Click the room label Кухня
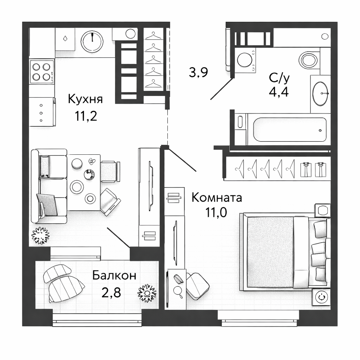pos(85,99)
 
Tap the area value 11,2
pos(86,116)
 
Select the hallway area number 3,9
pos(198,72)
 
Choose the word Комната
pos(217,198)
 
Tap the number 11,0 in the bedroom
pos(216,212)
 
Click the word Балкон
pos(114,275)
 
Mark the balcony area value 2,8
pos(111,292)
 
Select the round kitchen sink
pos(92,41)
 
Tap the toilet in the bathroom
pos(309,59)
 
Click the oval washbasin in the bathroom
pos(320,94)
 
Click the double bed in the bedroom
pos(285,251)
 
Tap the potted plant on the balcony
pos(147,293)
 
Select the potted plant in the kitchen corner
pos(40,236)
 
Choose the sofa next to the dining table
pos(49,186)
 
